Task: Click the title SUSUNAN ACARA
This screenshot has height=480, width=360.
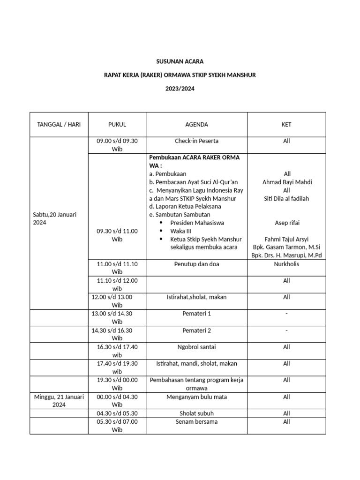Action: (180, 61)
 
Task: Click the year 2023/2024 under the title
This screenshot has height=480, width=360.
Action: (180, 88)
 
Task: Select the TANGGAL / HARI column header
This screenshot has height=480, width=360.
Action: (59, 125)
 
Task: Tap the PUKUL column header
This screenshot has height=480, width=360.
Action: (117, 125)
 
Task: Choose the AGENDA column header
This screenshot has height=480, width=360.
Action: (196, 125)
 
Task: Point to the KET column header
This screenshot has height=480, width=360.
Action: (286, 125)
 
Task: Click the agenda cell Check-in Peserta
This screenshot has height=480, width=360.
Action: (196, 141)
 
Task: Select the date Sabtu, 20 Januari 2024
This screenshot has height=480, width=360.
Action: (55, 218)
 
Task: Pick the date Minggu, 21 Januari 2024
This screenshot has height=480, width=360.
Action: (59, 401)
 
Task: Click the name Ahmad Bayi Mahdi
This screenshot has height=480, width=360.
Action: (286, 182)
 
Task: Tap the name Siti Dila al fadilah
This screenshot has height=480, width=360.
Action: (286, 199)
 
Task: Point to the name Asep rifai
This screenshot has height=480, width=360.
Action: (286, 223)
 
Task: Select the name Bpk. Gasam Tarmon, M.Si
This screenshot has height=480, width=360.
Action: (286, 247)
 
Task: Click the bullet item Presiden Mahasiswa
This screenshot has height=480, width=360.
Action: (197, 223)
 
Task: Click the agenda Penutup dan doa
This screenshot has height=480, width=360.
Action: (196, 264)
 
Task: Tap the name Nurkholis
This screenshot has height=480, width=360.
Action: (286, 264)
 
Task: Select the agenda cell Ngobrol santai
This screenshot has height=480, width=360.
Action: (196, 347)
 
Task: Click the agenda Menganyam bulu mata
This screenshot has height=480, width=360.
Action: (196, 397)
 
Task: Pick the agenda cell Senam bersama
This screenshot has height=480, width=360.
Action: (196, 422)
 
